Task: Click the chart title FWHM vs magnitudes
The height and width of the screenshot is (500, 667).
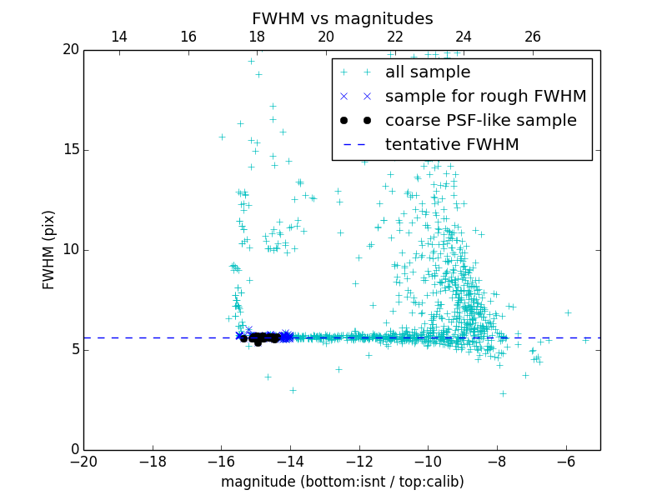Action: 342,18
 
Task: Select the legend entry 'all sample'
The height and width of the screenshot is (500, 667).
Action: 428,72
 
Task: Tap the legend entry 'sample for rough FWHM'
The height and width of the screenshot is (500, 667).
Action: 486,96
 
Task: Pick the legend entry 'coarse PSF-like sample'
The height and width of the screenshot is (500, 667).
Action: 481,120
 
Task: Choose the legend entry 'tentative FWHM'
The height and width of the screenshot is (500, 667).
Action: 452,144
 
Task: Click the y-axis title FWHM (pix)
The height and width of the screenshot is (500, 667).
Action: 49,250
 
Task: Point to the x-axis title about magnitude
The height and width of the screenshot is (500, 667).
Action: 342,482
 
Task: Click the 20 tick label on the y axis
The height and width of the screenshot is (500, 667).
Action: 69,50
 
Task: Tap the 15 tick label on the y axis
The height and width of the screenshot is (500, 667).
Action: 69,150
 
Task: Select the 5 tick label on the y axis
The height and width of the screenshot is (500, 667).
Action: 73,350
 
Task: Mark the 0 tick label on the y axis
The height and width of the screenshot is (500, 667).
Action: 73,450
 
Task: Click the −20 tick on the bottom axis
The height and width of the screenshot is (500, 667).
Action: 83,462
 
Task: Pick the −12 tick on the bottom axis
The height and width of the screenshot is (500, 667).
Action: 359,462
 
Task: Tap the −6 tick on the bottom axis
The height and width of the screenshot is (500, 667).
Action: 566,462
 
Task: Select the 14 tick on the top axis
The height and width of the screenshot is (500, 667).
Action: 119,37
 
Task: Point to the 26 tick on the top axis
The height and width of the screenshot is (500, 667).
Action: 533,37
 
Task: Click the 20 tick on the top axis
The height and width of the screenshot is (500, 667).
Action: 326,37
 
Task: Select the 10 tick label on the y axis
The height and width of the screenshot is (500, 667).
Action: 69,250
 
